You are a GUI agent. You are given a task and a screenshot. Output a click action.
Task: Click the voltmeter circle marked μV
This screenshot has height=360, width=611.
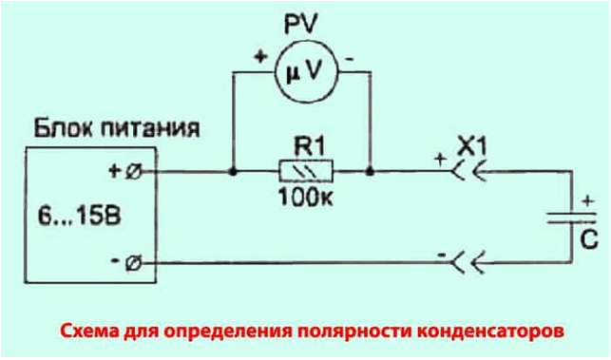[301, 69]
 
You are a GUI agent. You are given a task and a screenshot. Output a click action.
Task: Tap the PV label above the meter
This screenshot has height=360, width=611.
[302, 21]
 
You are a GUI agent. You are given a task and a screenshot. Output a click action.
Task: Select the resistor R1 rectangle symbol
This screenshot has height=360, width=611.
[302, 172]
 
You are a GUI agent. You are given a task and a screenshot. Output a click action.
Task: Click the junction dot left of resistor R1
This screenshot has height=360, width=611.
[233, 172]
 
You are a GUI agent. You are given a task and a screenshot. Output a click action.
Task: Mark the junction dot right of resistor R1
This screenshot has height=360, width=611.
[371, 172]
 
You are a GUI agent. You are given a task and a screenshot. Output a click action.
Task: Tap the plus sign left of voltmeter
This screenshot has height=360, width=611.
[257, 56]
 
